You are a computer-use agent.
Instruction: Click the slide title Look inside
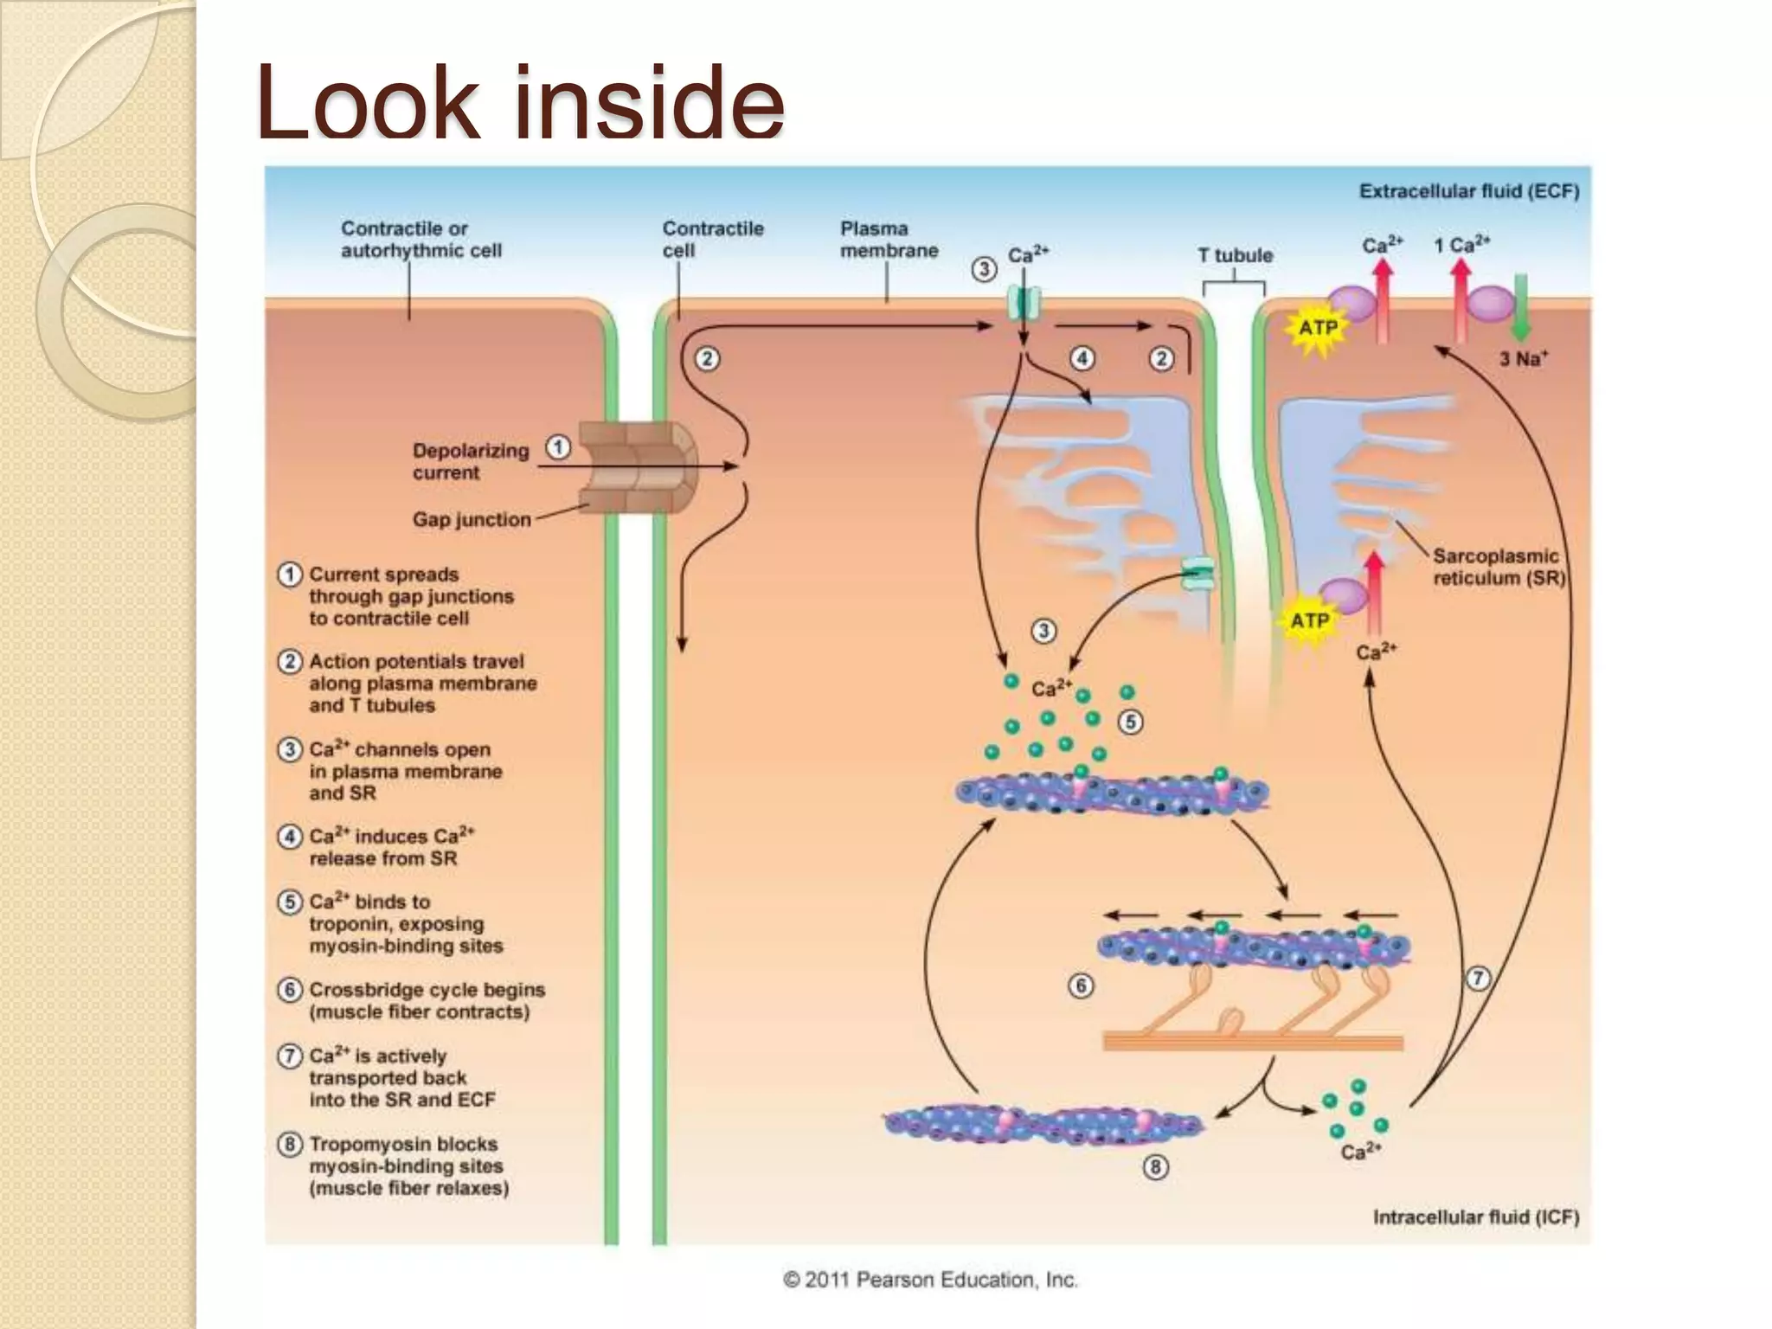520,102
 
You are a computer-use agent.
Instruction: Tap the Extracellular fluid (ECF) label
1468,191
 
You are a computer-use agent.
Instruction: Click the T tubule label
1235,255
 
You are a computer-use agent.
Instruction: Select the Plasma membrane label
889,240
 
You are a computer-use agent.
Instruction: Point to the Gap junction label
472,519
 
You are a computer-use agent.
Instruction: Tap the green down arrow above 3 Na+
1520,307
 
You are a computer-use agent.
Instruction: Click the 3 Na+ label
1523,358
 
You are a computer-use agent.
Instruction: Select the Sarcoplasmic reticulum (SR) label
1498,567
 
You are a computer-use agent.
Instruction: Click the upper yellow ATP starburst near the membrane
1318,328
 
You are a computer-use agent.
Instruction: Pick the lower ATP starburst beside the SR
1309,620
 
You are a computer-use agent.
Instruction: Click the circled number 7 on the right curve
1478,979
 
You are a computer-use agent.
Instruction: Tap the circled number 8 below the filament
1155,1167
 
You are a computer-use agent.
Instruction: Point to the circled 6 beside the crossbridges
1081,986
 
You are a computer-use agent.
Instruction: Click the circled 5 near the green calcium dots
1130,722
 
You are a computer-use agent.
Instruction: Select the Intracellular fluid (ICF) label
1475,1217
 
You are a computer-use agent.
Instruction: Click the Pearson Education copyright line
930,1280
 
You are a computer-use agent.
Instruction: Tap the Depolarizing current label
470,461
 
